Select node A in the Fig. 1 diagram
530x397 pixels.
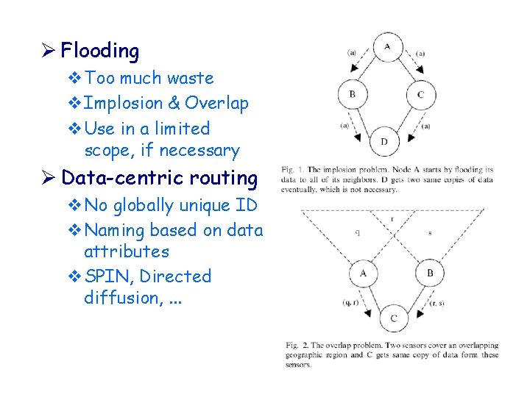click(387, 47)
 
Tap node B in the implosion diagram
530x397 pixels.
click(353, 94)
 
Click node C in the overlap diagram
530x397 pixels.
click(394, 318)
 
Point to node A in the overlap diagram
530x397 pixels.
click(364, 273)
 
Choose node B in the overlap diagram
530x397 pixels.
click(430, 273)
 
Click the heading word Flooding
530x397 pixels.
click(100, 51)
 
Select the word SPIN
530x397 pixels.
click(107, 276)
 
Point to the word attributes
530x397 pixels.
click(127, 251)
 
